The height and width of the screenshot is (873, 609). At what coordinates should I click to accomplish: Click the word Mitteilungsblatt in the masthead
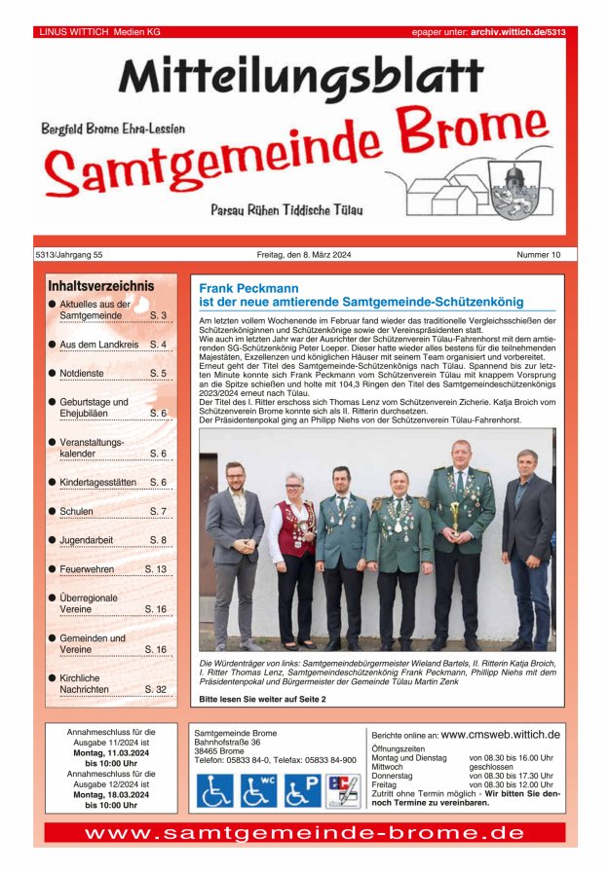(300, 78)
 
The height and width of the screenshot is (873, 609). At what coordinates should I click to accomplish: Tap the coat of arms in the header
(513, 187)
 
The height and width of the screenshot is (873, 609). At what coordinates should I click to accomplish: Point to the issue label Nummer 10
(539, 255)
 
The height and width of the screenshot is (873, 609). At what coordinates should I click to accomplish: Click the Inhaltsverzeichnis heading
(100, 286)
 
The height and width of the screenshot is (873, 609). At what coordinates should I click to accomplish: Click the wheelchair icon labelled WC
(258, 789)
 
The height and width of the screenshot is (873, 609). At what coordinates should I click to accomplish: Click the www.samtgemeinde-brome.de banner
(304, 833)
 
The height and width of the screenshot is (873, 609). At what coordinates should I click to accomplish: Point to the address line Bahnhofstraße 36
(227, 743)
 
